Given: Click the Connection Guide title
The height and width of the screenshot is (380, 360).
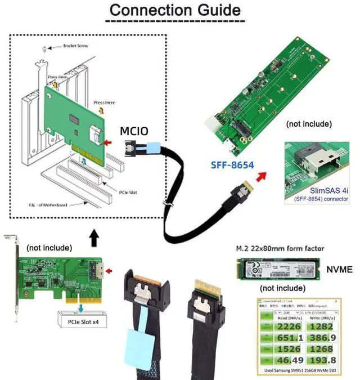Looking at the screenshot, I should coord(174,10).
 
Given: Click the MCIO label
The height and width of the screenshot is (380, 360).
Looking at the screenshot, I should coord(135,132).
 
